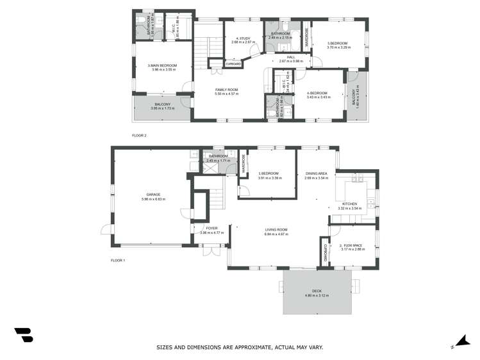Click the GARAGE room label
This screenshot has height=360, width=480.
tap(153, 194)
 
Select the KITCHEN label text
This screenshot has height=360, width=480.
tap(349, 204)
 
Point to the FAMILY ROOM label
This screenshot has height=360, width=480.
tap(226, 90)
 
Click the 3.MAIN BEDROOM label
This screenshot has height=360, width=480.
tap(162, 65)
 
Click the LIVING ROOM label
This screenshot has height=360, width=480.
tap(277, 229)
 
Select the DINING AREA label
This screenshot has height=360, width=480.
tap(317, 174)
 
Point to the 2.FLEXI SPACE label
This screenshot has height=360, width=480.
tap(352, 245)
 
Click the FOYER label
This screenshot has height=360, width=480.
tap(211, 228)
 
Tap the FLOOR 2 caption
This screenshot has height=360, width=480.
tap(139, 136)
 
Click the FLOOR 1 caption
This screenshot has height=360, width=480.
tap(118, 260)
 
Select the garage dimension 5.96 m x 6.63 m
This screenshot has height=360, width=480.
tap(153, 199)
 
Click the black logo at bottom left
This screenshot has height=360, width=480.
tap(23, 334)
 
